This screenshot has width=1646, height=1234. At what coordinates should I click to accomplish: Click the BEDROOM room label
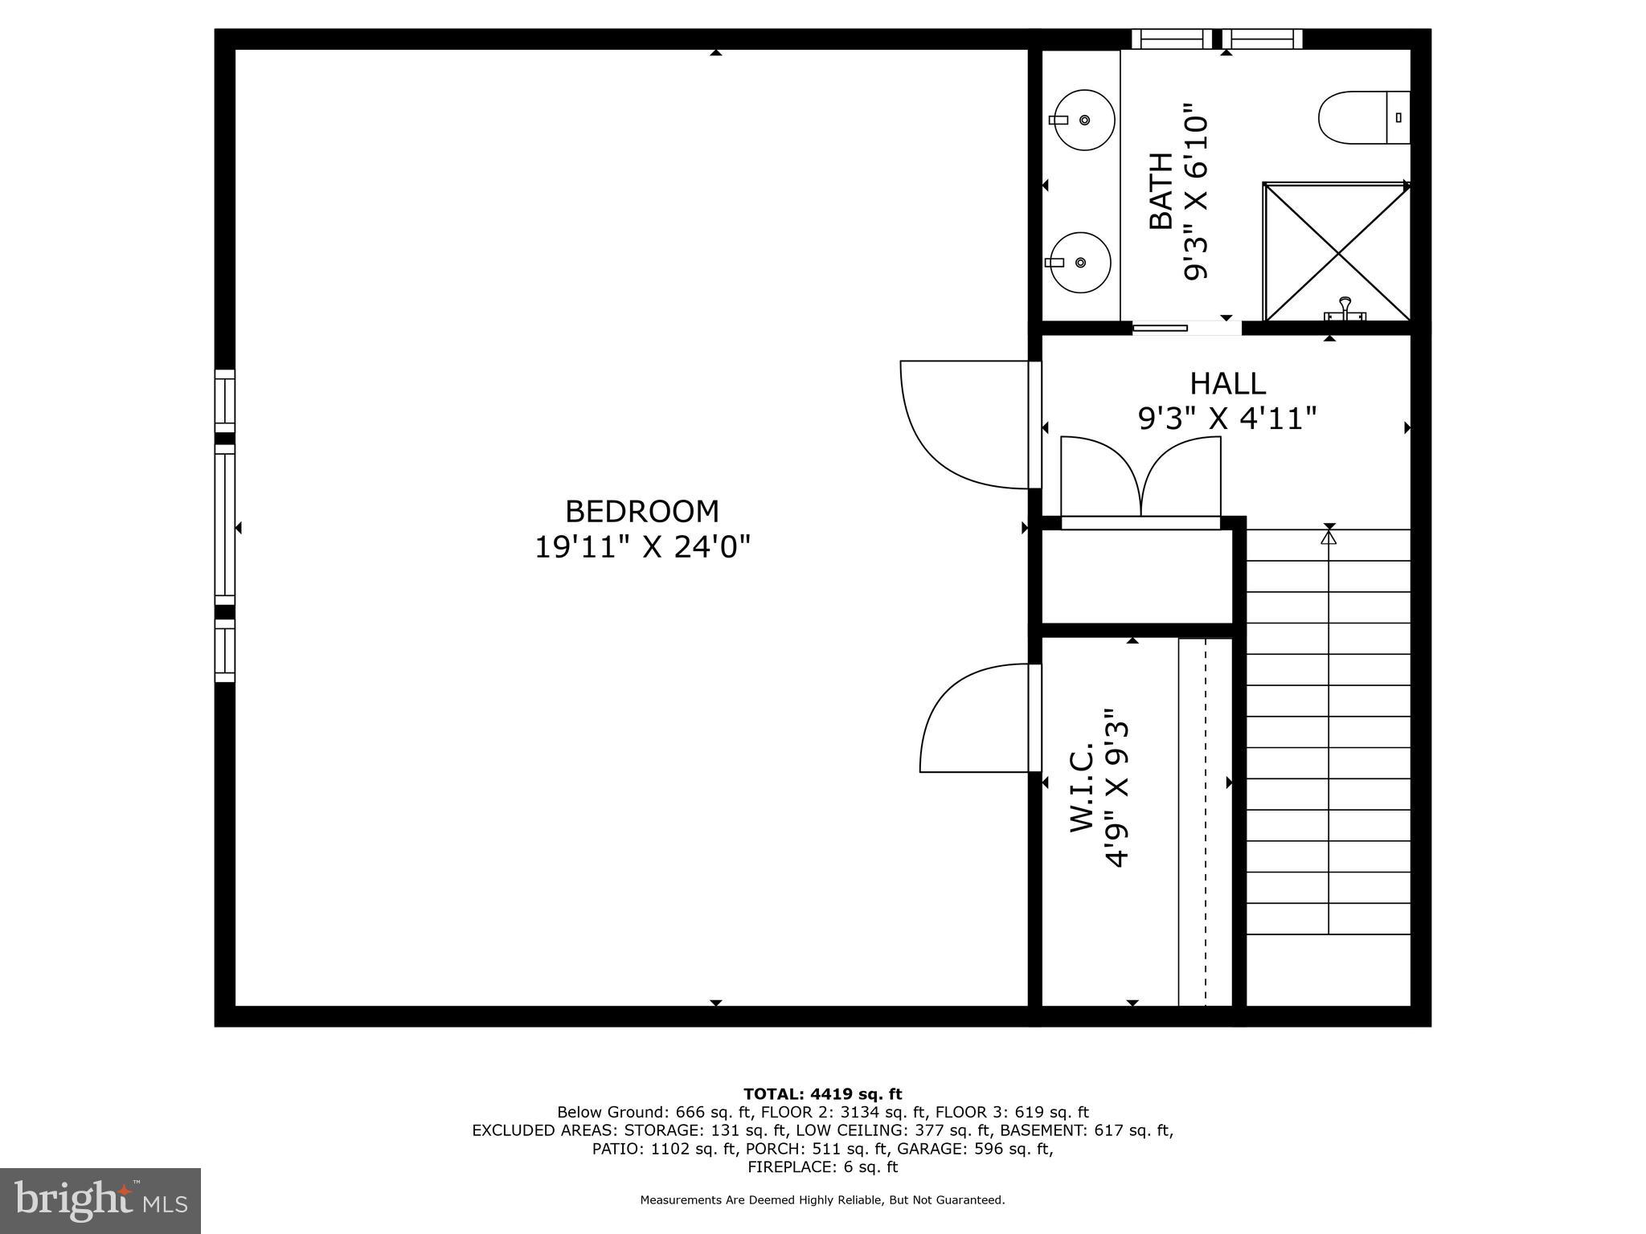pos(641,512)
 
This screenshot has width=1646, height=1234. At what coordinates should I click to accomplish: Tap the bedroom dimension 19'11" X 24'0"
pos(642,548)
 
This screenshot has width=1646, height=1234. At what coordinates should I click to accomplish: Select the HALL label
pos(1227,383)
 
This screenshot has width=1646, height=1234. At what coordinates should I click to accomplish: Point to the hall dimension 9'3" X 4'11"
pos(1227,419)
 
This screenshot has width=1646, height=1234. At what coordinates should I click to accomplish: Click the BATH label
pos(1161,191)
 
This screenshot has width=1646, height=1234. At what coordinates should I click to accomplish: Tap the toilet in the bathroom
pos(1364,118)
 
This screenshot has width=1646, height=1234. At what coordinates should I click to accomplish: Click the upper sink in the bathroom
pos(1084,121)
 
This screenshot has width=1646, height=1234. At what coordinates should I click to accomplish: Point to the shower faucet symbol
pos(1344,310)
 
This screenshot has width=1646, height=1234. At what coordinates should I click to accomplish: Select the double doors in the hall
pos(1140,478)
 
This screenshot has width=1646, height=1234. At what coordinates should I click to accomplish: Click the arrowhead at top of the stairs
pos(1329,537)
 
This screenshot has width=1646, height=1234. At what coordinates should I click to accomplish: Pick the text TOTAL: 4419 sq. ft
pos(822,1093)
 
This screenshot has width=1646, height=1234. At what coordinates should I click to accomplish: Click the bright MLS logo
pos(100,1200)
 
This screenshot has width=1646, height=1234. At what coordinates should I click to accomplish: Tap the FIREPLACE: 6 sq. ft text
pos(822,1167)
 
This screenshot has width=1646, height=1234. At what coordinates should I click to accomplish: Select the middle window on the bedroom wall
pos(225,529)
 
